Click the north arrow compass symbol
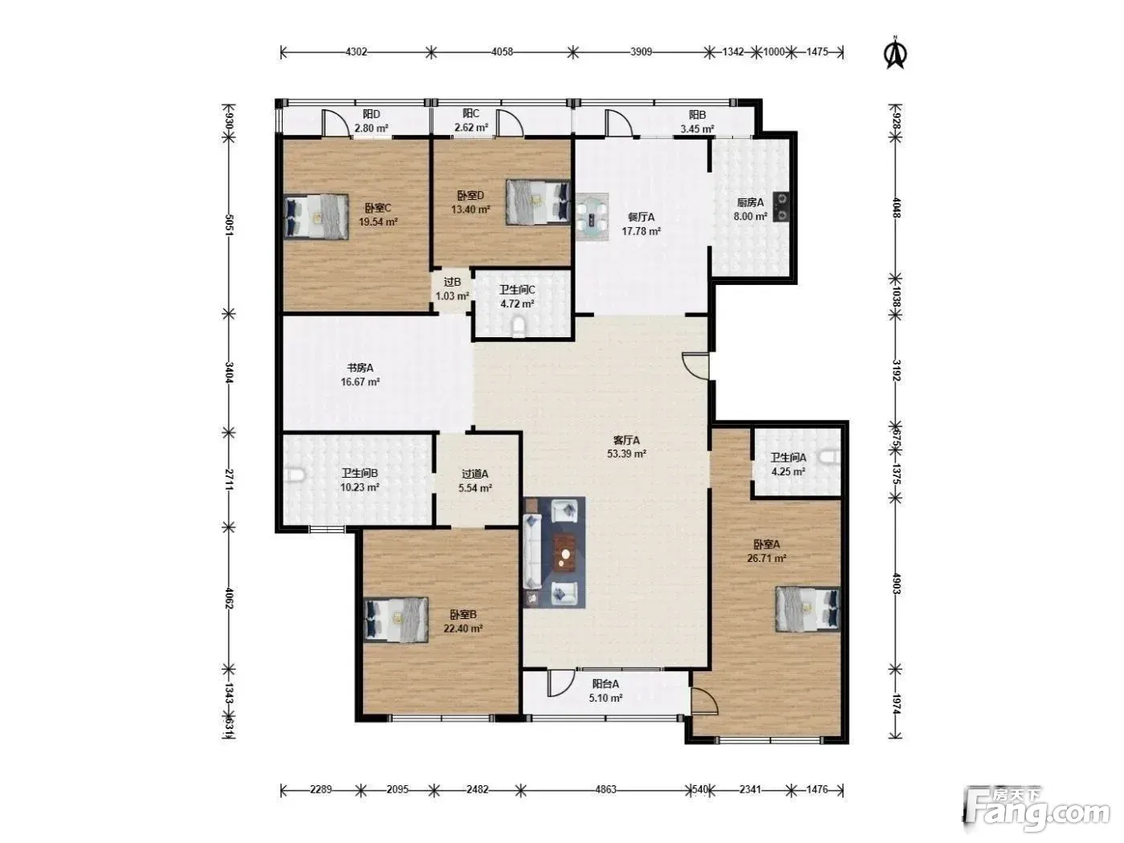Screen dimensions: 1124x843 tap(896, 53)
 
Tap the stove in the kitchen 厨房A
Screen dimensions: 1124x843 tap(780, 207)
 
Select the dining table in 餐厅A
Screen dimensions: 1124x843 tap(592, 217)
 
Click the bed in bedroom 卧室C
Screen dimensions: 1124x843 tap(316, 217)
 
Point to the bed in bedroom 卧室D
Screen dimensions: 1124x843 tap(538, 202)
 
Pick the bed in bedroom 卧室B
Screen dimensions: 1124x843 tap(396, 620)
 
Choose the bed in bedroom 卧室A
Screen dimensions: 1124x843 tap(808, 609)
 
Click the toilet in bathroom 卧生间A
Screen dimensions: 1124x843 tap(829, 456)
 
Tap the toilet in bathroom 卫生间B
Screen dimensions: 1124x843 tap(295, 475)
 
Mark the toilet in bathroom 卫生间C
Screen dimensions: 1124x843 tap(519, 327)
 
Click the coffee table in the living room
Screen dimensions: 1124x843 tap(565, 554)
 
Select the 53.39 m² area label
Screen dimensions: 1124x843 tap(626, 454)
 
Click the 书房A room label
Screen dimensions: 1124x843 tap(360, 368)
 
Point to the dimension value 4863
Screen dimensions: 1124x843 tap(605, 790)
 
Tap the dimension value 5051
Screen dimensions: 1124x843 tap(229, 225)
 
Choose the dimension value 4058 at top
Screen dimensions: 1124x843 tap(502, 51)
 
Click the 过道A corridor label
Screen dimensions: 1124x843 tap(474, 474)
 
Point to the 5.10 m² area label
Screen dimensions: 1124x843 tap(605, 698)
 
